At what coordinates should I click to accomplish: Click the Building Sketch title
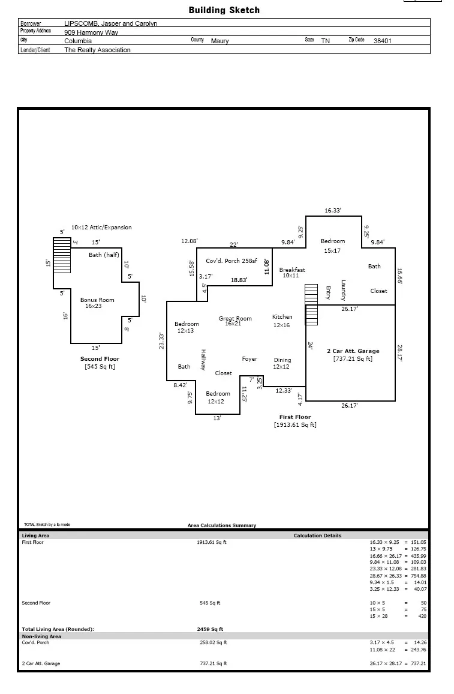point(224,10)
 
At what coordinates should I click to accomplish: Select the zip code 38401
point(383,41)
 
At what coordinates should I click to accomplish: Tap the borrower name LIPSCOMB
point(81,23)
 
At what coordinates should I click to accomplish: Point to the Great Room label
point(235,319)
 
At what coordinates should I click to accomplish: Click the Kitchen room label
point(282,317)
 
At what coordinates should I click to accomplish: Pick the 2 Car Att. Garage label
point(353,351)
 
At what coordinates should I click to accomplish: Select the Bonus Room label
point(97,300)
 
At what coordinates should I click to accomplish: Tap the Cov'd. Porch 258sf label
point(231,261)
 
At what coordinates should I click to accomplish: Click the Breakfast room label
point(291,270)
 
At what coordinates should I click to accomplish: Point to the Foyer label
point(249,359)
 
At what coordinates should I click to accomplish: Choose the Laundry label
point(344,291)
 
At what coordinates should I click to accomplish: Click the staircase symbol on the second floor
point(62,255)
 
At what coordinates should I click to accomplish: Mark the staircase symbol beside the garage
point(312,305)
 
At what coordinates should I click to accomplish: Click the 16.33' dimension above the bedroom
point(333,211)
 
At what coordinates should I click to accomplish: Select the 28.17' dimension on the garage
point(399,353)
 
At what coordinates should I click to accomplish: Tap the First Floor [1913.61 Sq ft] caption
point(295,421)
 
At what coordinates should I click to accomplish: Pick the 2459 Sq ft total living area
point(210,629)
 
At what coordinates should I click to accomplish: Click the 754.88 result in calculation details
point(418,576)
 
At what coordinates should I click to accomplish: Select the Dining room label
point(282,360)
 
